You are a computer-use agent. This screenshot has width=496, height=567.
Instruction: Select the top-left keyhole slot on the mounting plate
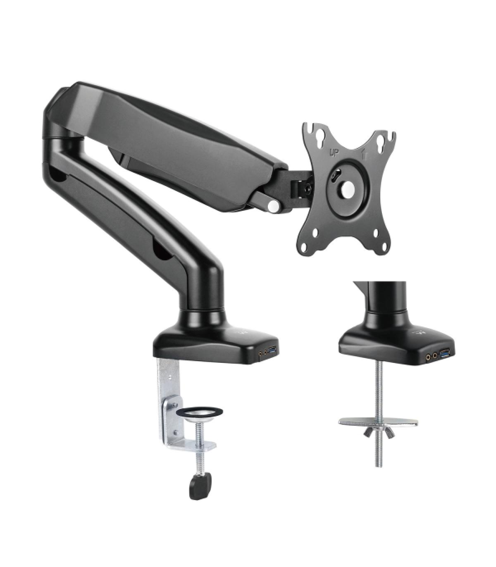click(x=318, y=136)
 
